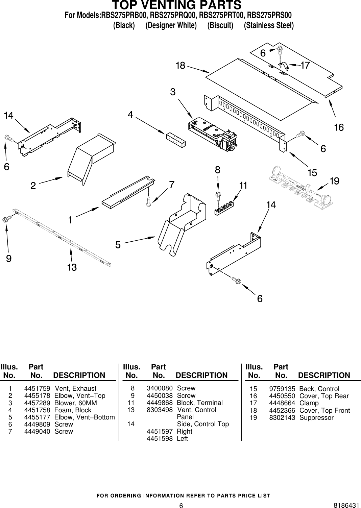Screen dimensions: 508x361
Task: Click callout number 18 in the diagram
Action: tap(180, 66)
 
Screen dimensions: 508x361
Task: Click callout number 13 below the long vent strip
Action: tap(72, 268)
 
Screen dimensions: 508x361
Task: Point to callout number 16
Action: tap(339, 127)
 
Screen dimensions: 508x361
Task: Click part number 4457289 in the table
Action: tap(37, 403)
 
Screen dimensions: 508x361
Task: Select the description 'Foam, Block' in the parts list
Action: tap(73, 410)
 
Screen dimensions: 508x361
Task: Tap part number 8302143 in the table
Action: tap(282, 417)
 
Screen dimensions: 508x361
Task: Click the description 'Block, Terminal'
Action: tap(200, 403)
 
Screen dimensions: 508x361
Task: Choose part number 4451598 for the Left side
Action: tap(160, 438)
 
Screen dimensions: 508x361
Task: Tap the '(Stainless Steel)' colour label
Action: tap(269, 25)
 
